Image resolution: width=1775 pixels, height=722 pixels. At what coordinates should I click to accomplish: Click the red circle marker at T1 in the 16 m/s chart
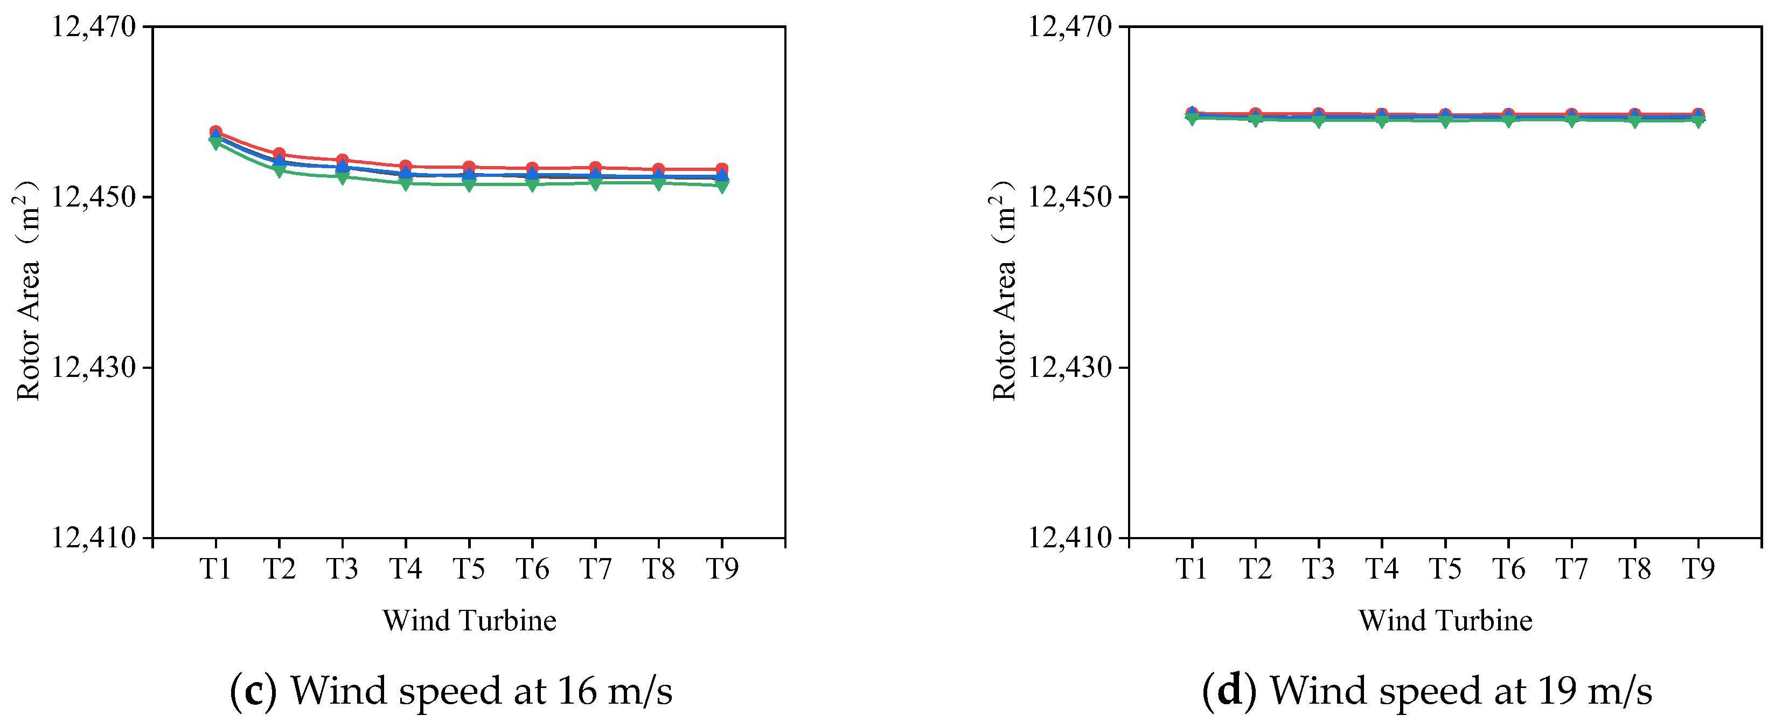(215, 132)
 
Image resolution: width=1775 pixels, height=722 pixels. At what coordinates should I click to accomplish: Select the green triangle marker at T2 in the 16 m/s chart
(279, 170)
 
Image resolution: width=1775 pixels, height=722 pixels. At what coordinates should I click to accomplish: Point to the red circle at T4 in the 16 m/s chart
(406, 166)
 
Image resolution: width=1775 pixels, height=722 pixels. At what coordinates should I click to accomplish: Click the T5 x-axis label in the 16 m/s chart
(469, 569)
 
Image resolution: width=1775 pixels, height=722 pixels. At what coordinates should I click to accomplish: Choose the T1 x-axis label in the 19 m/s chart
(1192, 569)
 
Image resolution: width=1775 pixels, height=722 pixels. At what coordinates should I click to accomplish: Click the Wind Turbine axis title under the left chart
(469, 621)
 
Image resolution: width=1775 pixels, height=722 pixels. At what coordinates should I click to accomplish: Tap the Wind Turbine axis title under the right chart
(1445, 621)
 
